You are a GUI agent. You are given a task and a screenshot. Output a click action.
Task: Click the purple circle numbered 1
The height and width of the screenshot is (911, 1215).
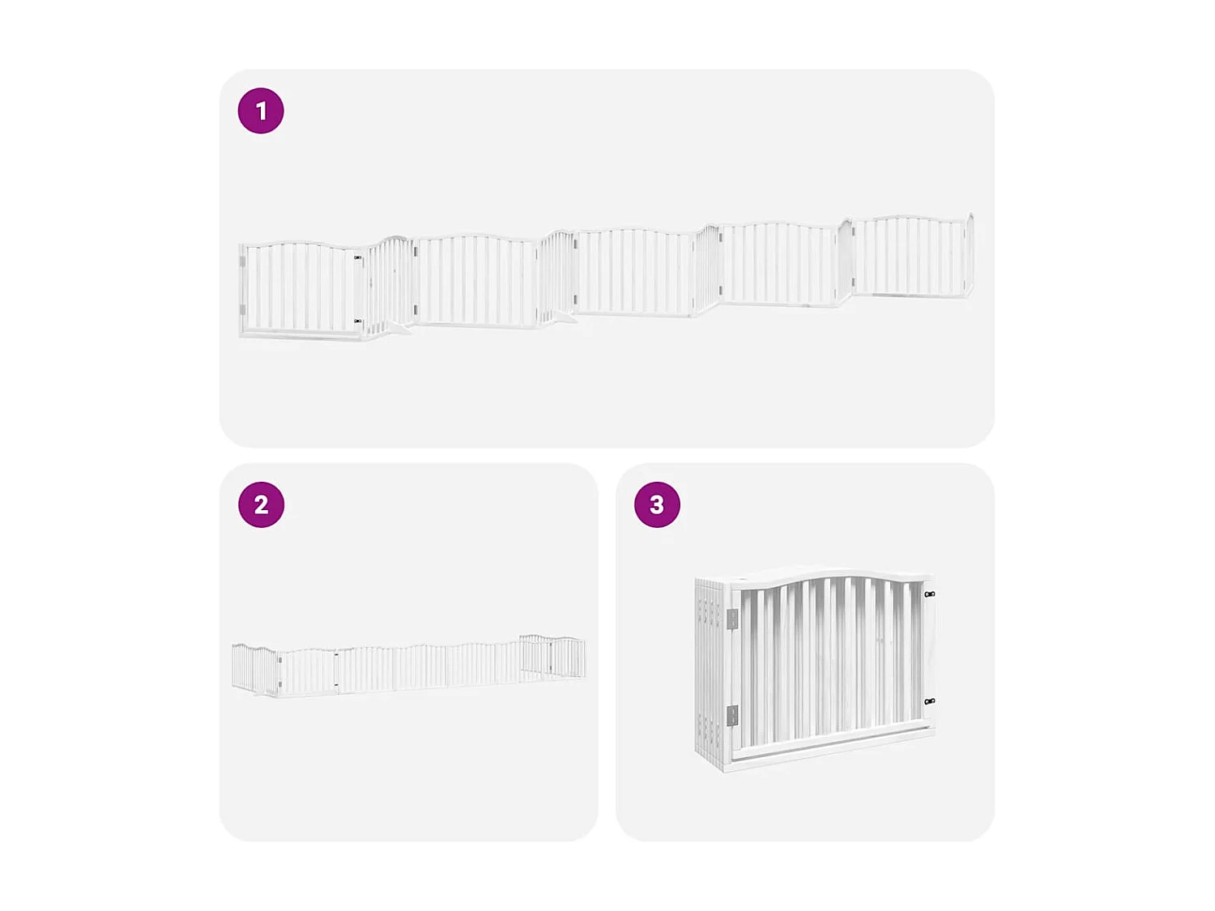coord(261,111)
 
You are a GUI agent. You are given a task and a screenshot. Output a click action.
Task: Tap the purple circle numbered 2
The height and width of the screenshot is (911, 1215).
coord(261,504)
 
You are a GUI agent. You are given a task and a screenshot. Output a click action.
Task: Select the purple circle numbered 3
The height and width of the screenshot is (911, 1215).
coord(657,504)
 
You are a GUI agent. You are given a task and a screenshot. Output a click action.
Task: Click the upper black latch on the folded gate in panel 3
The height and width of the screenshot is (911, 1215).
coord(930,594)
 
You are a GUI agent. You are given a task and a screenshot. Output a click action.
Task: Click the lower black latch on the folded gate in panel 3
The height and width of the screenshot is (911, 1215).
coord(930,701)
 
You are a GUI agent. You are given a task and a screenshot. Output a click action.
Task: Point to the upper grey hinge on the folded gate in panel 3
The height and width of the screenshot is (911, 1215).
coord(732,619)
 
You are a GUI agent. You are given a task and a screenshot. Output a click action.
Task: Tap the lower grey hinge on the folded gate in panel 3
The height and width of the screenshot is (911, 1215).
coord(732,716)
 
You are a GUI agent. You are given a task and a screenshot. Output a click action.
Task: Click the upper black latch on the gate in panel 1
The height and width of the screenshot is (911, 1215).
coord(358,258)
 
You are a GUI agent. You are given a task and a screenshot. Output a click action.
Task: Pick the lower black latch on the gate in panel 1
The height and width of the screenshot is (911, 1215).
coord(358,321)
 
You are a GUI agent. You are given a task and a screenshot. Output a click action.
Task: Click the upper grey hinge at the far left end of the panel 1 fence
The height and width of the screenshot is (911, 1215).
coord(242,261)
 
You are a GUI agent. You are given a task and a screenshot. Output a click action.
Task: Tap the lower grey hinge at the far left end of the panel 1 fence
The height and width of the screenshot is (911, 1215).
coord(242,309)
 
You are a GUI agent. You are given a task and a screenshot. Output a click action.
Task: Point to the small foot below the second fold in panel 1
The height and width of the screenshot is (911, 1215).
coord(565,318)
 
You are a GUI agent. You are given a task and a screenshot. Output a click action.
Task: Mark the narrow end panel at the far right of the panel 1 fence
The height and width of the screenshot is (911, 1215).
coord(969,255)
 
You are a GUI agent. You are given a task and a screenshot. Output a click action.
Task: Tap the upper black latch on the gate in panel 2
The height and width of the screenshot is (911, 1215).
coord(336,654)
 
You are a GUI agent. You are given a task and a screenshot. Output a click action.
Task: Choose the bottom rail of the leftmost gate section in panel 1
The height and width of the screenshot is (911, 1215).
coord(300,334)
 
